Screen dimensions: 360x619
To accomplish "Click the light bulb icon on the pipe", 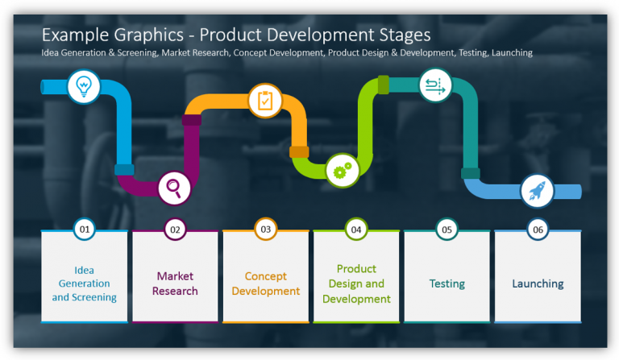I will point(84,85).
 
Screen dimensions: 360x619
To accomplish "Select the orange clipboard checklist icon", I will point(264,101).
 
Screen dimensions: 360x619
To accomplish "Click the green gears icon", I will point(343,171).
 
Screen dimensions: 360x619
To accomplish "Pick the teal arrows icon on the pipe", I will point(435,85).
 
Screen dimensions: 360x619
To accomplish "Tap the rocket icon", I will point(536,190).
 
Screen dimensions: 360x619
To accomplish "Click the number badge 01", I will point(85,230).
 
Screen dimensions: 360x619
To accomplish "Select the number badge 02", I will point(175,230).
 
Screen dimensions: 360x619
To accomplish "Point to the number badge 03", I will point(265,230).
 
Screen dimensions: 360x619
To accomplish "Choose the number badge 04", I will point(356,230).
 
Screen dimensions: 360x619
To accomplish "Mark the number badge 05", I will point(447,230).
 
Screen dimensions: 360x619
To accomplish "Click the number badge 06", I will point(538,230).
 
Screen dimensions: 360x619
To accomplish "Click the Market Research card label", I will point(175,283).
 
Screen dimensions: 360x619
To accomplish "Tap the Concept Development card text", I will point(265,283).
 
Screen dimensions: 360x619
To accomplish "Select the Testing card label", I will point(447,283).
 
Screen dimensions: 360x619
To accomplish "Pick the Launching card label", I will point(538,283).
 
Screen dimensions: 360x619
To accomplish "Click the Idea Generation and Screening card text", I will point(85,283).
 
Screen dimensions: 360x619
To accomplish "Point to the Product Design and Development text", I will point(356,283).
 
